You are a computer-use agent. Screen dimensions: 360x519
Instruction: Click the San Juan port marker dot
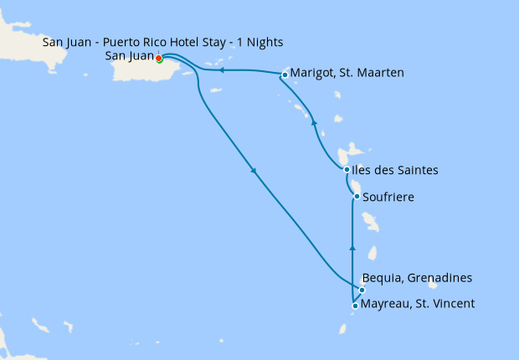tap(159, 59)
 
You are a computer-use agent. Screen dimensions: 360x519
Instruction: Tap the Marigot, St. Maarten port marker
tap(285, 75)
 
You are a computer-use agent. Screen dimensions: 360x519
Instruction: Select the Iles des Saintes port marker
tap(347, 170)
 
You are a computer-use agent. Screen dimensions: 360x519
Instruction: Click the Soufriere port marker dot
tap(357, 197)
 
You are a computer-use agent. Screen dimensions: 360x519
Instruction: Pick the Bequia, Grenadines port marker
tap(362, 290)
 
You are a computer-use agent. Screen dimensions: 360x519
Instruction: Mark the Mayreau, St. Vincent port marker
tap(356, 306)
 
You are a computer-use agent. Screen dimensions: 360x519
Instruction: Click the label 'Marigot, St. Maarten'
tap(347, 74)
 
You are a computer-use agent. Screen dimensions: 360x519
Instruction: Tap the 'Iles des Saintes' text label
tap(396, 171)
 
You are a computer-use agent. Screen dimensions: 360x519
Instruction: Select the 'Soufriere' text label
tap(389, 198)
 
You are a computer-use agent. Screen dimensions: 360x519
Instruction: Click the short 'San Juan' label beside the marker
tap(130, 56)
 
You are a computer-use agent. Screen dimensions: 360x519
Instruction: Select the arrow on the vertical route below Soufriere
tap(352, 249)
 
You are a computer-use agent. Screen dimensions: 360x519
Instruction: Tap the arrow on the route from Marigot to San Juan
tap(222, 71)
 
